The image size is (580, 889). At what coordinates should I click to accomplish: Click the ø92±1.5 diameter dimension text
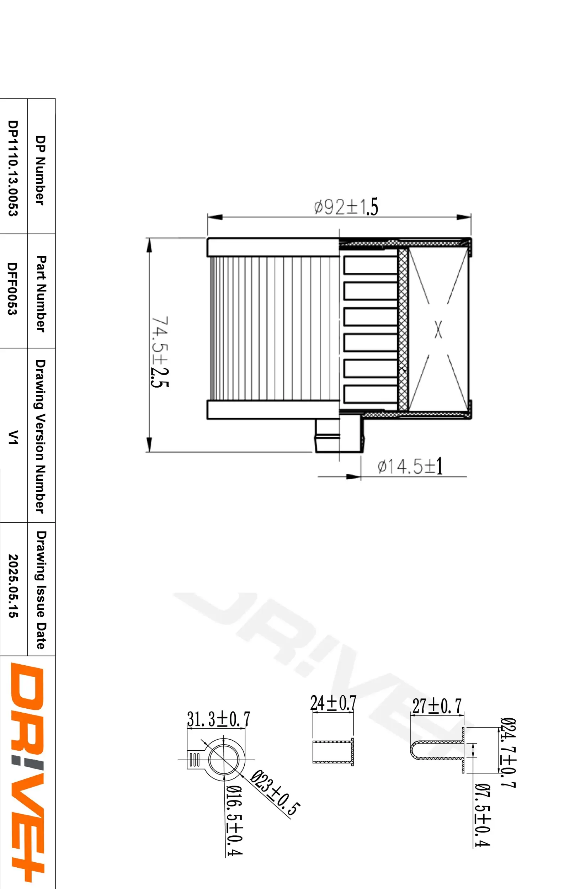346,207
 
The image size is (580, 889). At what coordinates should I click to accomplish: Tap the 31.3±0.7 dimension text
218,719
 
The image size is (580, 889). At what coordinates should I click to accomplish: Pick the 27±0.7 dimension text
437,706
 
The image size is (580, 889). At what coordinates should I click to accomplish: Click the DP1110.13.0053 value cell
13,168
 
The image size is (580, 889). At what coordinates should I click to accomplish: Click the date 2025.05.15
13,585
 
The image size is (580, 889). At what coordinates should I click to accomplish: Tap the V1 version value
13,437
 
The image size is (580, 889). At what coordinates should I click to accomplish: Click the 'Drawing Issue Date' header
41,590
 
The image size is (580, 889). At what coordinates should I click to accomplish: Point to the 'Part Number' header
41,293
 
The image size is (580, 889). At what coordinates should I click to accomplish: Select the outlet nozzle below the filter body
338,436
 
